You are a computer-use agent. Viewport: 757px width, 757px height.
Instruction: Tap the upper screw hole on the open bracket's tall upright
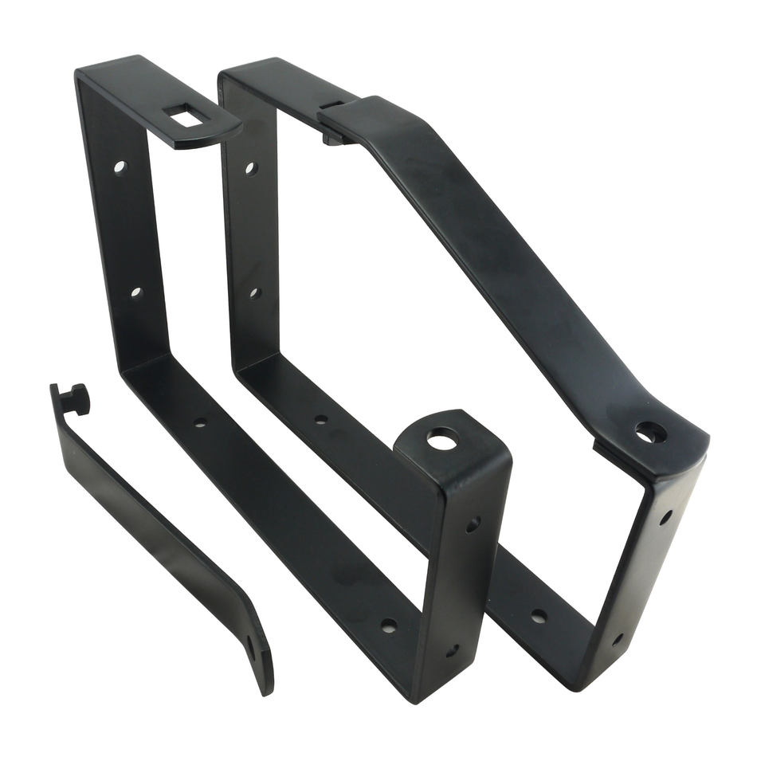(120, 168)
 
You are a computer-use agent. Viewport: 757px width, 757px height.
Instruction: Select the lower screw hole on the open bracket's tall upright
(136, 292)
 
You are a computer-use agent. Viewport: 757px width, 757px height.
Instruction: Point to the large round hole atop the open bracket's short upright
(442, 437)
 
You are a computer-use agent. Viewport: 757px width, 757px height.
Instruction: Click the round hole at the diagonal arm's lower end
(649, 433)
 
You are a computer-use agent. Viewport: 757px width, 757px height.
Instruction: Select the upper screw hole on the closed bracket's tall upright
(250, 169)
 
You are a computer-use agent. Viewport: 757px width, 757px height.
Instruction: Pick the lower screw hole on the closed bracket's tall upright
(254, 292)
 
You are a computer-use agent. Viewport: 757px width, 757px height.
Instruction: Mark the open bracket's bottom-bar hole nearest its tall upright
(199, 422)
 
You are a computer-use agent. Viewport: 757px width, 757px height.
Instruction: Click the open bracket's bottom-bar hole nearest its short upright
(388, 626)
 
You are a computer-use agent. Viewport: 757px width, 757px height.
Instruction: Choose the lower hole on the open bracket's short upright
(452, 651)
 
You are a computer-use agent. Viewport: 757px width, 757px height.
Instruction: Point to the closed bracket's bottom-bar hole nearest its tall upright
(320, 419)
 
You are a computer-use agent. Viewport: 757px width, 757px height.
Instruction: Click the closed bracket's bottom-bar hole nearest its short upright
(539, 616)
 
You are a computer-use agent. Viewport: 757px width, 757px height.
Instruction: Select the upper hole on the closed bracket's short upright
(665, 517)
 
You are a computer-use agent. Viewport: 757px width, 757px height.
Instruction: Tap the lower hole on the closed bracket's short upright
(618, 639)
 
